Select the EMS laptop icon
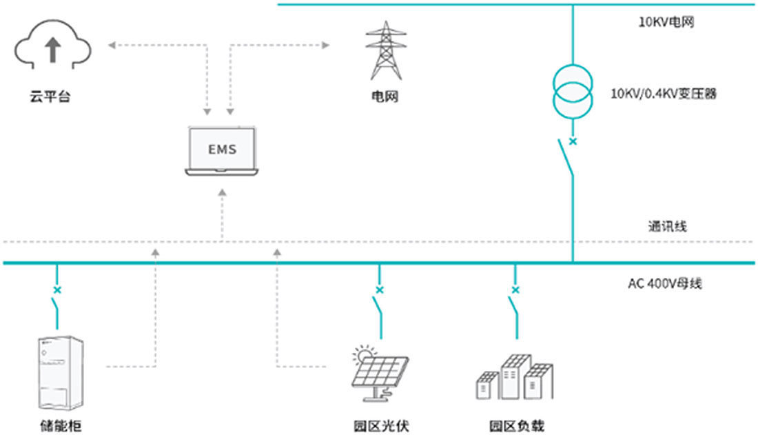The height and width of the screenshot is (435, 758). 223,150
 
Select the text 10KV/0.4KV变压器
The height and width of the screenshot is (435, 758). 664,94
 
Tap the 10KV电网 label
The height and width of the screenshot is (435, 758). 665,23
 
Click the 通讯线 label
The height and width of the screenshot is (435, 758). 667,226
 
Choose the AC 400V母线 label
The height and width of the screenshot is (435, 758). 664,283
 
